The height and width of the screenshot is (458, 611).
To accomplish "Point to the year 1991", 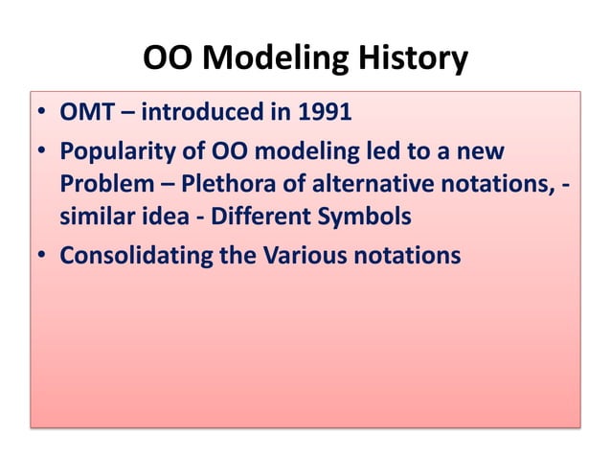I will point(323,114).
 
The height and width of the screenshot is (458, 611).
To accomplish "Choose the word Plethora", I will point(219,184).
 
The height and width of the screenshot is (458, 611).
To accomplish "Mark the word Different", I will point(250,217).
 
